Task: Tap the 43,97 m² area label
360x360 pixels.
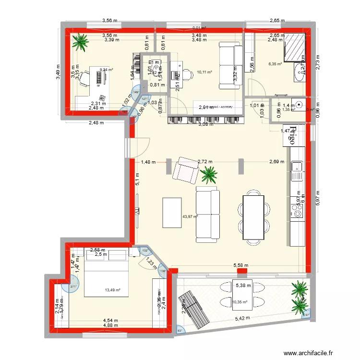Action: [190, 216]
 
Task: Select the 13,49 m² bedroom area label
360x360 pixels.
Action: [112, 290]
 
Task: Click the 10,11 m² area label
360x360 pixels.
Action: [204, 73]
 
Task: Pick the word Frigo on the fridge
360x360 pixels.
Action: [292, 136]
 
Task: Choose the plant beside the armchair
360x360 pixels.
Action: [209, 175]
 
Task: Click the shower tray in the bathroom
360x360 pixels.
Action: [294, 48]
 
